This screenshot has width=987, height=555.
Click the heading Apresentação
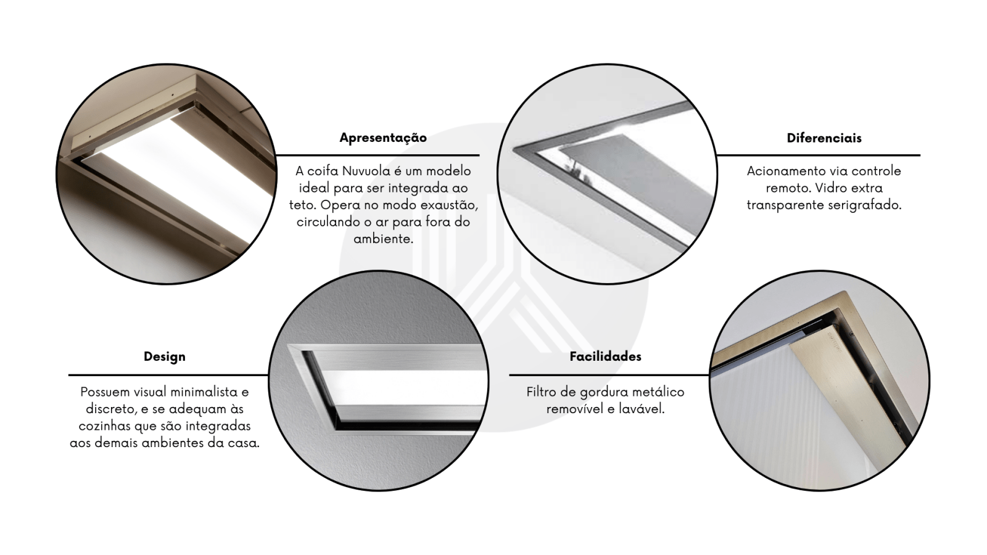click(383, 138)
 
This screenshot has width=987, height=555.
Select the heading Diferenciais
click(824, 138)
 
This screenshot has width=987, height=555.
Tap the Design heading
click(164, 357)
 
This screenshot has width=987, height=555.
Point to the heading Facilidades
click(605, 356)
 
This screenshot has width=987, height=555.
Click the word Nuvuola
click(366, 171)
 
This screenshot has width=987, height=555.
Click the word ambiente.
click(383, 239)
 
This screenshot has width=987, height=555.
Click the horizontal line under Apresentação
click(377, 155)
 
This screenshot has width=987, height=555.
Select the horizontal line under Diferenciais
click(818, 155)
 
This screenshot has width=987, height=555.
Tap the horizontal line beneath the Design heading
click(168, 375)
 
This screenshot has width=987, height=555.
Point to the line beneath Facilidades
click(609, 375)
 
